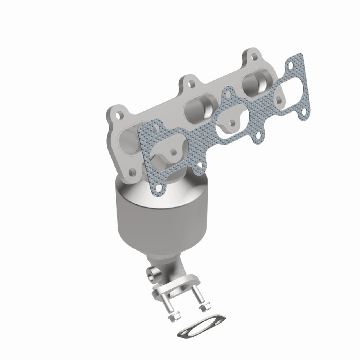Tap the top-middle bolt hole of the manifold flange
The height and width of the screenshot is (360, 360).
click(192, 84)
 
